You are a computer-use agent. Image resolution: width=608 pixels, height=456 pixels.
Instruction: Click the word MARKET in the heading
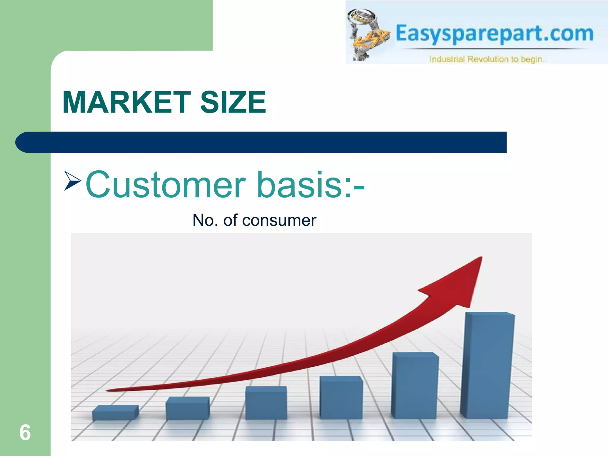126,102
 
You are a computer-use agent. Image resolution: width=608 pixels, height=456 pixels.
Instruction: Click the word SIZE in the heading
233,102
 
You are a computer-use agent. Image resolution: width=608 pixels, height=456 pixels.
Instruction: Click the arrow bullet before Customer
72,180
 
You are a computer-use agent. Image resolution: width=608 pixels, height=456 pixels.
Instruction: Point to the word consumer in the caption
279,221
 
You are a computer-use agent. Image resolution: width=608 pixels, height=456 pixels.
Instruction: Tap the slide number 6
25,432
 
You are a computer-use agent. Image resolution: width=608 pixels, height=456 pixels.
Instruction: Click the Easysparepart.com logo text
494,33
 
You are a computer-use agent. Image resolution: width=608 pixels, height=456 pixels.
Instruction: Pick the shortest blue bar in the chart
115,413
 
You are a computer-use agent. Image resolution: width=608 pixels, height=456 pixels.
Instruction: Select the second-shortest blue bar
187,408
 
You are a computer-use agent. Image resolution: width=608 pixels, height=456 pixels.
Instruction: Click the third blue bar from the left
266,403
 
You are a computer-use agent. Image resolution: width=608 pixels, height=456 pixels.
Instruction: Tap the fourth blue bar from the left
341,398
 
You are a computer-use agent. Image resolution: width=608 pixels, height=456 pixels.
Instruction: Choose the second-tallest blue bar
414,386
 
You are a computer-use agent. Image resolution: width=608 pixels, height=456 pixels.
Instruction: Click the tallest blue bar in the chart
487,365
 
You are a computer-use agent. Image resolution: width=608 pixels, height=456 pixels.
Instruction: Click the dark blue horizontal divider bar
261,142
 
